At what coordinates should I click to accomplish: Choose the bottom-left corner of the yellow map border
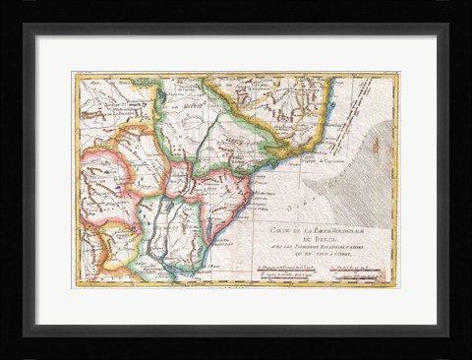click(x=74, y=286)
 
